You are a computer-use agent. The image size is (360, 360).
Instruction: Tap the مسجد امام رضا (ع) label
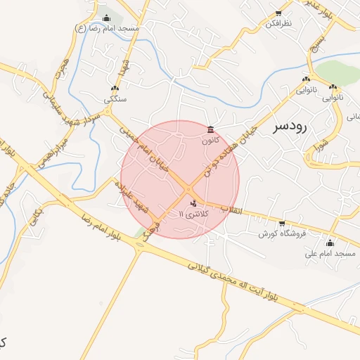coord(108,28)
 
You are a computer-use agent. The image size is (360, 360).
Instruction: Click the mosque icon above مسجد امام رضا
coord(106,18)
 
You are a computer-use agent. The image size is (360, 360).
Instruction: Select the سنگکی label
coord(115,100)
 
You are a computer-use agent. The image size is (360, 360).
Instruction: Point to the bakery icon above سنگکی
coord(115,89)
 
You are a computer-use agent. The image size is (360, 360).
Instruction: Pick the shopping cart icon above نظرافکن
coord(278,13)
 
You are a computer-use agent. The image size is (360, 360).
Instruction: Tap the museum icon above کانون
coord(211,129)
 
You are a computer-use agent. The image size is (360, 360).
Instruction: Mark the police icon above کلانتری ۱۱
coord(194,202)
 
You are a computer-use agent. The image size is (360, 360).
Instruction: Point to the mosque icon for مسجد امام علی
coord(330,243)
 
